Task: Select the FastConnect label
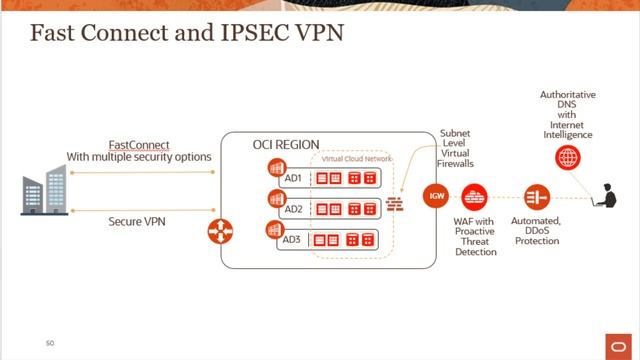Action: point(139,145)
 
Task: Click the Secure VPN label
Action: point(138,221)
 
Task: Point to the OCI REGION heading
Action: point(285,146)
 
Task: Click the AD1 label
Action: point(293,178)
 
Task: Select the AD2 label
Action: point(293,210)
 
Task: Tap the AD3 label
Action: point(293,241)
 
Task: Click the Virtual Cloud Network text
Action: point(357,159)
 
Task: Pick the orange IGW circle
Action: point(436,195)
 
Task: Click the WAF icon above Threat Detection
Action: point(476,195)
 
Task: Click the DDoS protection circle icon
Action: point(537,195)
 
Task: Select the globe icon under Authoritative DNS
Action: point(568,157)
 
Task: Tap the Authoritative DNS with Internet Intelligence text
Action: point(568,114)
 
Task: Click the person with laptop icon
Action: point(607,196)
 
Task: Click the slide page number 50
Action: point(49,343)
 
